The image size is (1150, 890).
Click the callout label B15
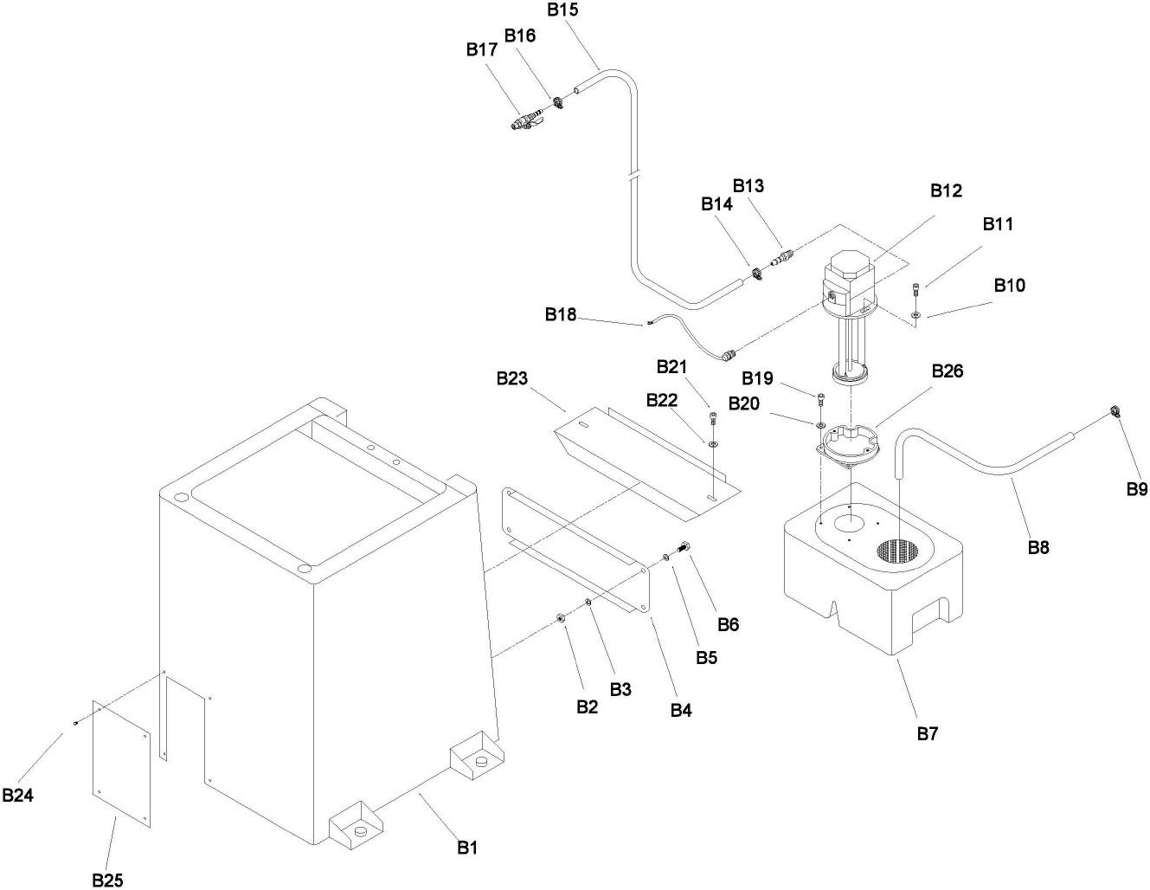click(x=562, y=10)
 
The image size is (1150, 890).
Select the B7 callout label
click(x=928, y=734)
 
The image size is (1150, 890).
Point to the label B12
click(x=947, y=190)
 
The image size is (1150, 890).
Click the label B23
click(x=511, y=378)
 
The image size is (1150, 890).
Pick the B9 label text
click(x=1137, y=489)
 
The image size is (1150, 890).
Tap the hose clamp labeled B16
click(x=558, y=102)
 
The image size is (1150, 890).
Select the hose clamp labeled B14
click(x=757, y=274)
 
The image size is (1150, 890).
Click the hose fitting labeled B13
click(x=781, y=258)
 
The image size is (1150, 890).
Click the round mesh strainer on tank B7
click(x=897, y=551)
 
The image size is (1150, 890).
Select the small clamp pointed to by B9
click(x=1114, y=411)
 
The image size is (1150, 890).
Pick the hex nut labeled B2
click(x=561, y=617)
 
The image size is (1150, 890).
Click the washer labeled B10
click(x=916, y=315)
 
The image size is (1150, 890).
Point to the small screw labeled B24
click(x=76, y=723)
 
